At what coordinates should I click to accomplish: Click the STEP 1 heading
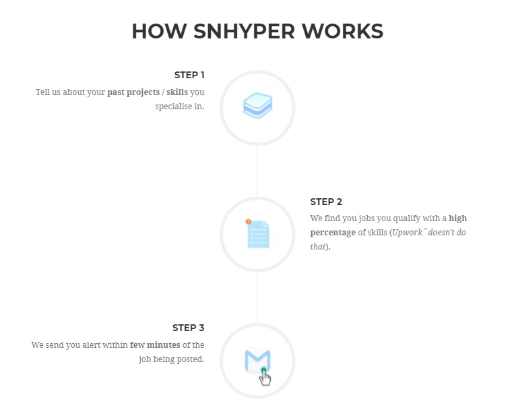tap(189, 75)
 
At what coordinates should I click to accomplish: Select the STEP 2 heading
tap(327, 202)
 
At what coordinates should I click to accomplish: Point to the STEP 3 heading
tap(189, 328)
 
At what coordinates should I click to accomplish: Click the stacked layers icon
tap(257, 107)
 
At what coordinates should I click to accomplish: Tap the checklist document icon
tap(257, 234)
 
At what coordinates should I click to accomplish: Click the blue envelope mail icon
tap(257, 360)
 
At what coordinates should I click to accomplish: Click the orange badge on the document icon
tap(248, 221)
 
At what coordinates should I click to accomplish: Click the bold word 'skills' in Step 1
tap(177, 92)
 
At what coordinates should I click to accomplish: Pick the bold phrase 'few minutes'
tap(155, 345)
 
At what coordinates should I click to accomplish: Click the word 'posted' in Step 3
tap(190, 359)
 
